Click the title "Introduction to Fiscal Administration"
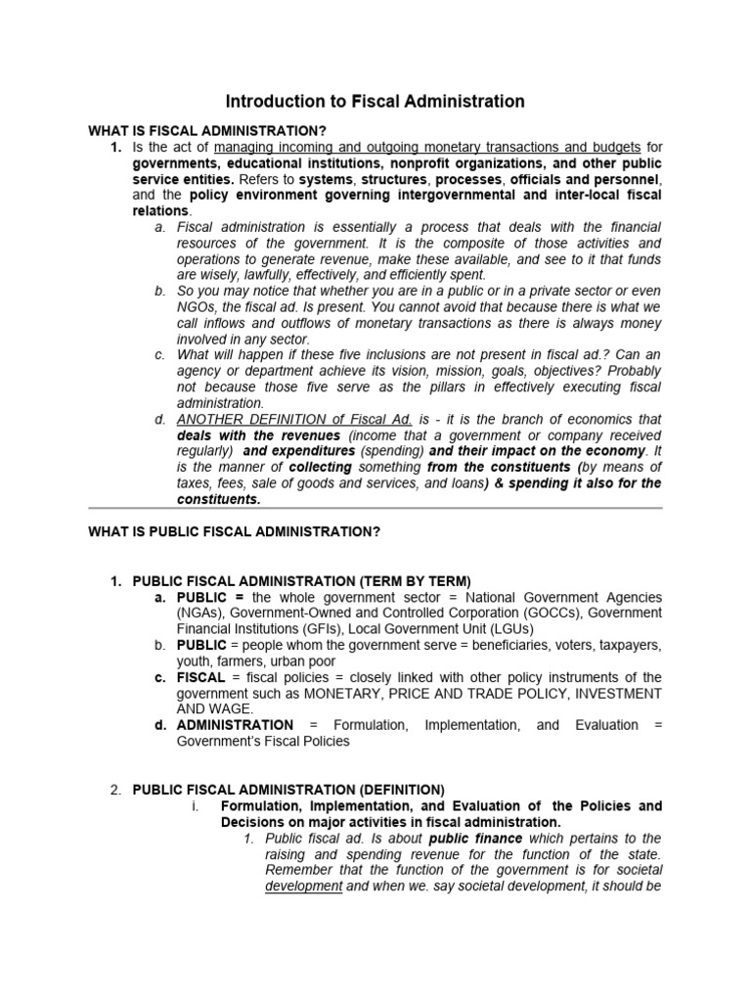coord(375,102)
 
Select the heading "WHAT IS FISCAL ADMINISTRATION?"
coord(207,131)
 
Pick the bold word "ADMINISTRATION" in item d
coord(235,725)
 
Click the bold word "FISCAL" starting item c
coord(199,677)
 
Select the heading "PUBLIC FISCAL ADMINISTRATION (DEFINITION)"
coord(288,790)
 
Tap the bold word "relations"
coord(162,210)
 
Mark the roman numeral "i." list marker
coord(195,806)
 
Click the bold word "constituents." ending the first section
coord(219,499)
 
